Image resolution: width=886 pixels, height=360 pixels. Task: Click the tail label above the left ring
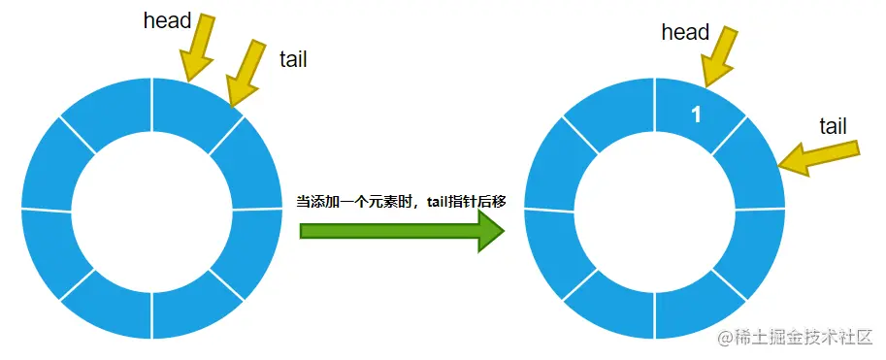(x=292, y=60)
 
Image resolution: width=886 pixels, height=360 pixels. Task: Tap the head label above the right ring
(x=685, y=32)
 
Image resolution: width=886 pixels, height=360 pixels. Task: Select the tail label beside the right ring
(x=833, y=126)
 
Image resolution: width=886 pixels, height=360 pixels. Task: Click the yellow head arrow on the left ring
(x=202, y=49)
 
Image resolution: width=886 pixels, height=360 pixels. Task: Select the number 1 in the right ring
(x=696, y=115)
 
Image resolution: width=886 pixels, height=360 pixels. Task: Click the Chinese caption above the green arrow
(x=401, y=201)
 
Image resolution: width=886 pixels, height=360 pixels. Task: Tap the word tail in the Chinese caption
(x=442, y=201)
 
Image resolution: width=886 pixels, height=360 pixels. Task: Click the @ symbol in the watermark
(x=724, y=338)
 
